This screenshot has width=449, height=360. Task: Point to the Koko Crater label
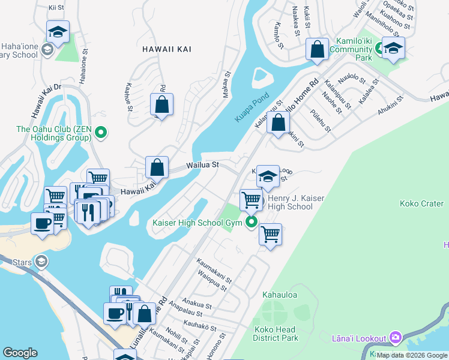pos(421,203)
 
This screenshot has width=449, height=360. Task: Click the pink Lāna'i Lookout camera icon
pos(394,338)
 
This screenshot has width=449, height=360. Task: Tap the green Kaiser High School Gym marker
pos(251,223)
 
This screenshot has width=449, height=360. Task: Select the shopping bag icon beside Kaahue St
pos(162,104)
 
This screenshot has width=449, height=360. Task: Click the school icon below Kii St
pos(58,32)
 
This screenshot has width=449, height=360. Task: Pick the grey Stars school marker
pos(41,261)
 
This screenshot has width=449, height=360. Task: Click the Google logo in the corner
pos(20,353)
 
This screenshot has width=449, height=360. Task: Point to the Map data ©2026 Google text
pos(412,355)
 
